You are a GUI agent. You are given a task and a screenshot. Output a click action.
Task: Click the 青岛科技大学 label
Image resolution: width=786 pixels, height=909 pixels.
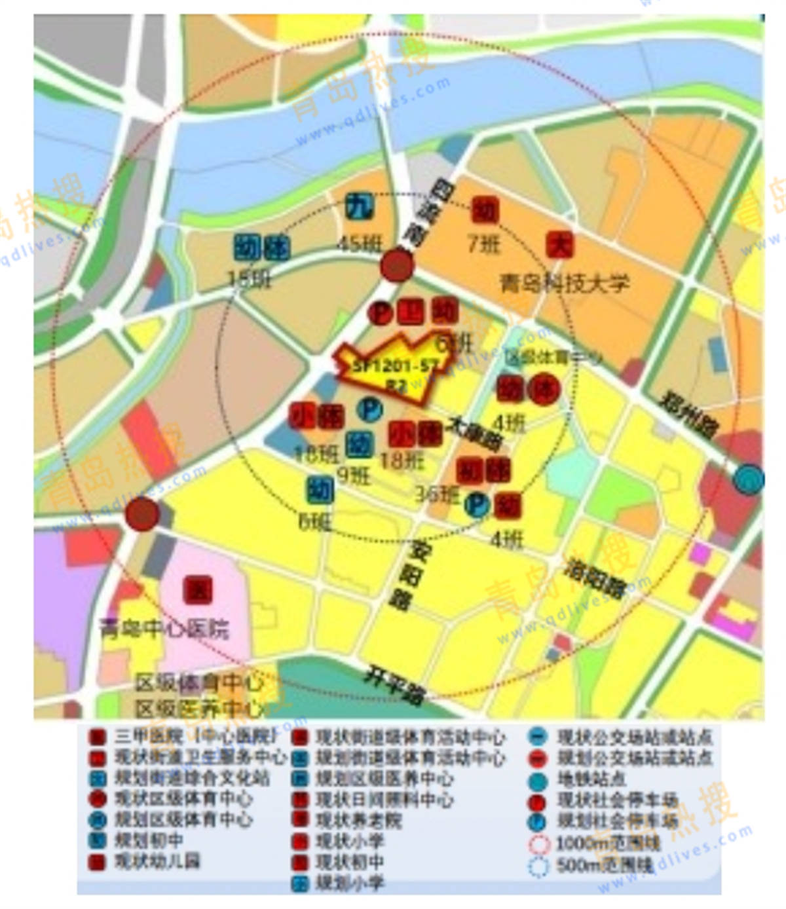click(564, 283)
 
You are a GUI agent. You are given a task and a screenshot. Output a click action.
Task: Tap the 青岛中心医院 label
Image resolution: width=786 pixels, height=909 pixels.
click(164, 629)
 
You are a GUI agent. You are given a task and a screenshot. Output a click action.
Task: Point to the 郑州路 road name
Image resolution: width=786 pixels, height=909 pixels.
click(690, 415)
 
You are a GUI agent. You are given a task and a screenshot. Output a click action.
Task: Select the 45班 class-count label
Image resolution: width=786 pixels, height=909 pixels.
click(359, 244)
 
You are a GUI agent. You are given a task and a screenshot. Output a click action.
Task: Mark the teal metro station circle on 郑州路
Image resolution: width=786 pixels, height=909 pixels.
click(748, 479)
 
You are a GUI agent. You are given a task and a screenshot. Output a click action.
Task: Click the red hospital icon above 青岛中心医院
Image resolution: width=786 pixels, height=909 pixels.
click(197, 590)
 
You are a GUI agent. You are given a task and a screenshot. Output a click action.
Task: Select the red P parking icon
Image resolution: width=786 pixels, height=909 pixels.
click(380, 312)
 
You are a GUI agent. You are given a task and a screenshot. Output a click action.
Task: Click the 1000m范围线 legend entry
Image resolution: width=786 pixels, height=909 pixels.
click(607, 842)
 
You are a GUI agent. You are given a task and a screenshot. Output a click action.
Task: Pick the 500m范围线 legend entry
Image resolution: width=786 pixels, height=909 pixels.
click(604, 865)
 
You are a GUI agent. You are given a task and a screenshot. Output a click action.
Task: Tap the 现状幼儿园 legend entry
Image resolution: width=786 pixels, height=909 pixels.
click(157, 861)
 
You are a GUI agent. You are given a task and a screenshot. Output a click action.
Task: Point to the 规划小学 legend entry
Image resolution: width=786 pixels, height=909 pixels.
click(350, 883)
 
